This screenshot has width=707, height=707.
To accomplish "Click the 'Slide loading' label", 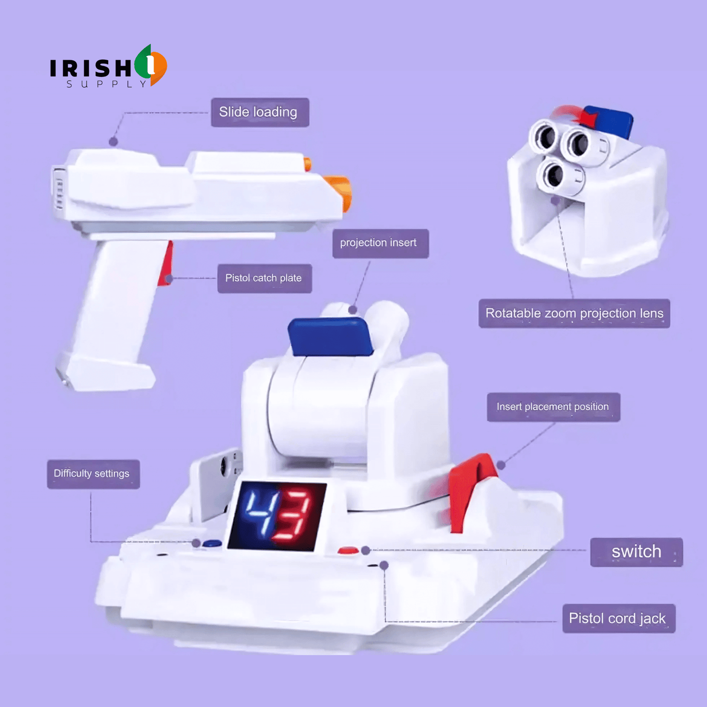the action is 260,112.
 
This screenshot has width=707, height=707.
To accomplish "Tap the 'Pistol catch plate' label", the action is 265,278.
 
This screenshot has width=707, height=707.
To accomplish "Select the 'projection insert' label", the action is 381,244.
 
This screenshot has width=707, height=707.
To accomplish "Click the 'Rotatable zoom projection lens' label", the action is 574,313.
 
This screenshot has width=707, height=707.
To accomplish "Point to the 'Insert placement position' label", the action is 553,407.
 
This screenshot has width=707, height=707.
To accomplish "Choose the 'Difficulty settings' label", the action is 93,474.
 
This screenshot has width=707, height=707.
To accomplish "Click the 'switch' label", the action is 636,552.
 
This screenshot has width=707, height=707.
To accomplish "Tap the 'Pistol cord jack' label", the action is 618,618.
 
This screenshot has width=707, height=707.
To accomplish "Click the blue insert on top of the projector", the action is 330,337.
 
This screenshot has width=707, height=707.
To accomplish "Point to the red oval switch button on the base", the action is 348,550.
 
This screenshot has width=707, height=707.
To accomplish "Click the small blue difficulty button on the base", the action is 212,544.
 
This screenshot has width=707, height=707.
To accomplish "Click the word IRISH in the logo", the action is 91,68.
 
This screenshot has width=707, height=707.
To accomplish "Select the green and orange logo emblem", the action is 151,65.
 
